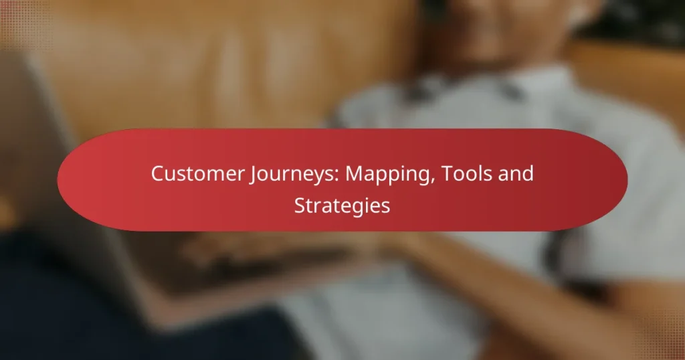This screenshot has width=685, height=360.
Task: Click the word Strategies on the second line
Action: [342, 205]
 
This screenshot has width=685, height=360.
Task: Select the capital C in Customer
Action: [157, 173]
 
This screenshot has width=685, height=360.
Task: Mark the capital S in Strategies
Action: [300, 205]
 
